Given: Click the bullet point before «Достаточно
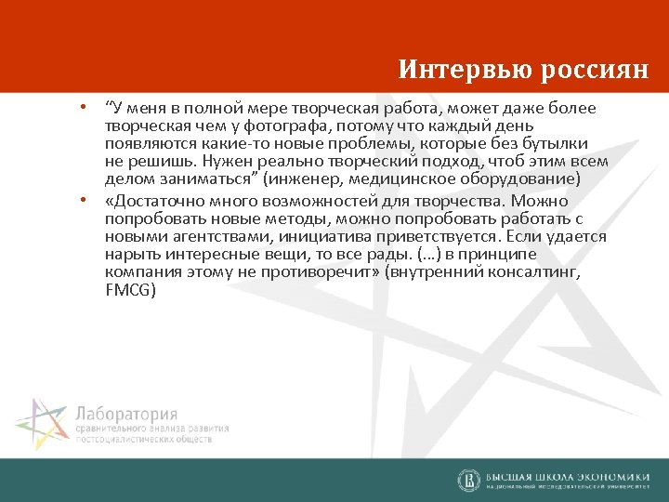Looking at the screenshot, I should [83, 199].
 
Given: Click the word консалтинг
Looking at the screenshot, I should [531, 272].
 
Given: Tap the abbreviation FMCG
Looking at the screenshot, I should [131, 291].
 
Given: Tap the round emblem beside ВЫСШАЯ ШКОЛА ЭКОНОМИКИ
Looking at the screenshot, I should [469, 480].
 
